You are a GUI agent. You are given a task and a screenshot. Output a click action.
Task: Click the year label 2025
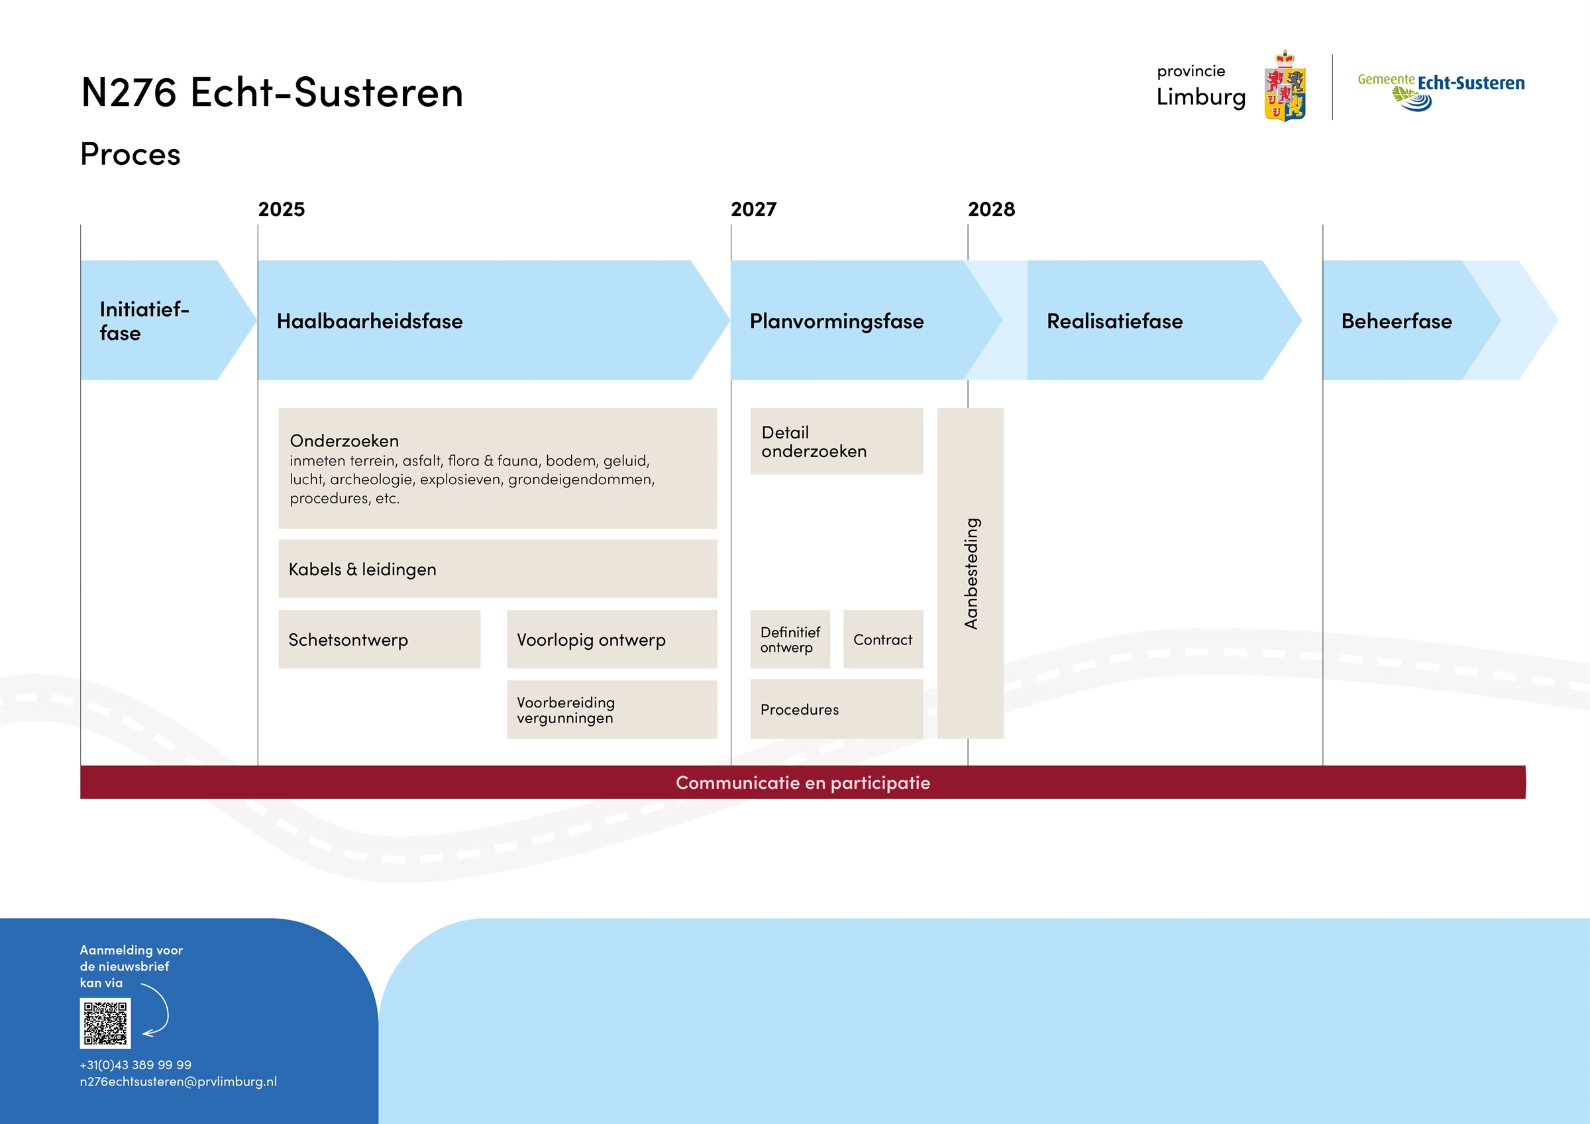pyautogui.click(x=281, y=209)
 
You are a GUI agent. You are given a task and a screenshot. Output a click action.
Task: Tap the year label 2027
pyautogui.click(x=753, y=209)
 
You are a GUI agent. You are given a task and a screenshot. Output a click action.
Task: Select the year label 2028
pyautogui.click(x=991, y=209)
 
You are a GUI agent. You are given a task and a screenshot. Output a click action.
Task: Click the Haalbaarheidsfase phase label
pyautogui.click(x=370, y=321)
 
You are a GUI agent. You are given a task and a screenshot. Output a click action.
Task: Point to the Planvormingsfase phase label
pyautogui.click(x=837, y=321)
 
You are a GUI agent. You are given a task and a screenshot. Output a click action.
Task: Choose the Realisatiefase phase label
pyautogui.click(x=1114, y=321)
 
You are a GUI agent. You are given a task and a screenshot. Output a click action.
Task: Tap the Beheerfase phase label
pyautogui.click(x=1396, y=321)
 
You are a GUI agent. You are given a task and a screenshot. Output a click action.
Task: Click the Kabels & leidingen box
pyautogui.click(x=498, y=568)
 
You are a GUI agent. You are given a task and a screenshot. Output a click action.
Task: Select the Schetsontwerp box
pyautogui.click(x=380, y=639)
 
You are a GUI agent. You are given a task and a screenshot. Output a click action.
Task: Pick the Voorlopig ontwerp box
pyautogui.click(x=611, y=639)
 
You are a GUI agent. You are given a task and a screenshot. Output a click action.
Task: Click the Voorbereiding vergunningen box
pyautogui.click(x=611, y=709)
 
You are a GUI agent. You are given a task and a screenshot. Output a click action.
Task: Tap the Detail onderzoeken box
pyautogui.click(x=837, y=441)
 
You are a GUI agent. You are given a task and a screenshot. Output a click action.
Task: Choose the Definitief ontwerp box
pyautogui.click(x=790, y=639)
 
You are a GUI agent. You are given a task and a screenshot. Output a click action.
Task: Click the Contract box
pyautogui.click(x=883, y=639)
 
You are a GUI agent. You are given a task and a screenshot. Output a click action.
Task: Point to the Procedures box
pyautogui.click(x=837, y=709)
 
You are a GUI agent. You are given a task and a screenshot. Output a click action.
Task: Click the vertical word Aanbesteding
pyautogui.click(x=971, y=574)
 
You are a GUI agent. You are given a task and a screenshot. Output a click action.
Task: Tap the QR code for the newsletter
pyautogui.click(x=105, y=1023)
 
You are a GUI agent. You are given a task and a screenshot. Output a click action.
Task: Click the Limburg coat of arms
pyautogui.click(x=1285, y=86)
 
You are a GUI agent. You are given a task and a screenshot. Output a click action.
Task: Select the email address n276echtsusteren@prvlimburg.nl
pyautogui.click(x=178, y=1081)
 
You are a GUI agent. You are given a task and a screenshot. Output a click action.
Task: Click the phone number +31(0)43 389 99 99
pyautogui.click(x=136, y=1064)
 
